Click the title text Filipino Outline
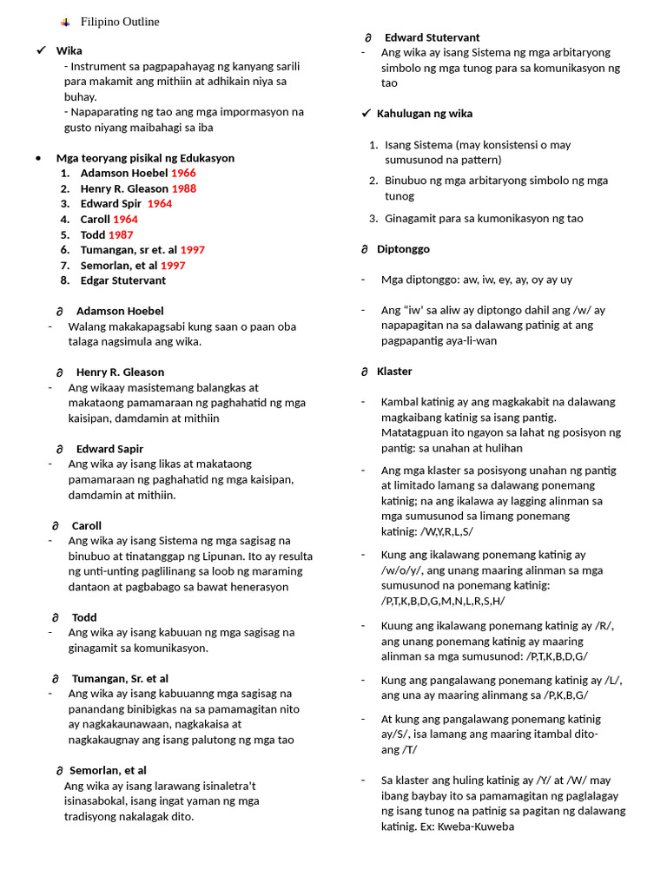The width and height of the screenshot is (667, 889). [120, 22]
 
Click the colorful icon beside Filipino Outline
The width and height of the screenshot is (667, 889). [65, 22]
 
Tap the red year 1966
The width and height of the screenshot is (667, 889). [183, 173]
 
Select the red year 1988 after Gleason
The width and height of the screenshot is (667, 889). [183, 188]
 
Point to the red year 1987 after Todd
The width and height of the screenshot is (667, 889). [121, 234]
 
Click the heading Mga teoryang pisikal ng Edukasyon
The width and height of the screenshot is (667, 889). [145, 158]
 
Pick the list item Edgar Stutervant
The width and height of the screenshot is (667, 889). [122, 280]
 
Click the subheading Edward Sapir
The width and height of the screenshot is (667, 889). [109, 449]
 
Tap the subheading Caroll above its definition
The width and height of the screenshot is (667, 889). [87, 525]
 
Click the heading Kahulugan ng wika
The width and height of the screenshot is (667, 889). [425, 114]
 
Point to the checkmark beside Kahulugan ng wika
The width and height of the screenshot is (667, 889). [366, 114]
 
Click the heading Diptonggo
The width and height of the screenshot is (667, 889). [403, 249]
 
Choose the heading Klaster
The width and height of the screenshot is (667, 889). [394, 372]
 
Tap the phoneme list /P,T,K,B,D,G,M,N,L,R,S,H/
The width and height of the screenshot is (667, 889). [443, 601]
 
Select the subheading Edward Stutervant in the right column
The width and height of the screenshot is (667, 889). [432, 37]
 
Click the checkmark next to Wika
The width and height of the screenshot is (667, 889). [41, 50]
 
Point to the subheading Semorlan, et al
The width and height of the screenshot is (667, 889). [108, 770]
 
